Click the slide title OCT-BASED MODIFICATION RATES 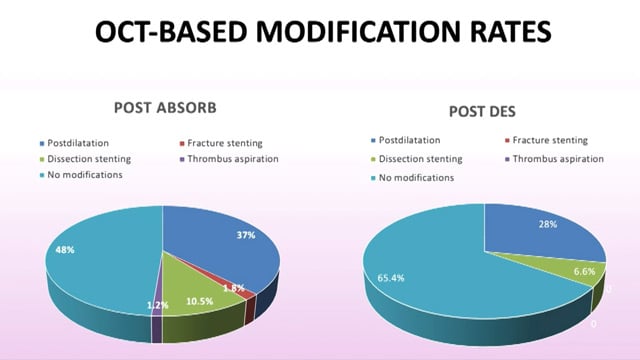coord(320,32)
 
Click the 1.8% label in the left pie coord(231,288)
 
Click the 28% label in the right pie coord(547,225)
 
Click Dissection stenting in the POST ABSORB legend coord(88,158)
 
